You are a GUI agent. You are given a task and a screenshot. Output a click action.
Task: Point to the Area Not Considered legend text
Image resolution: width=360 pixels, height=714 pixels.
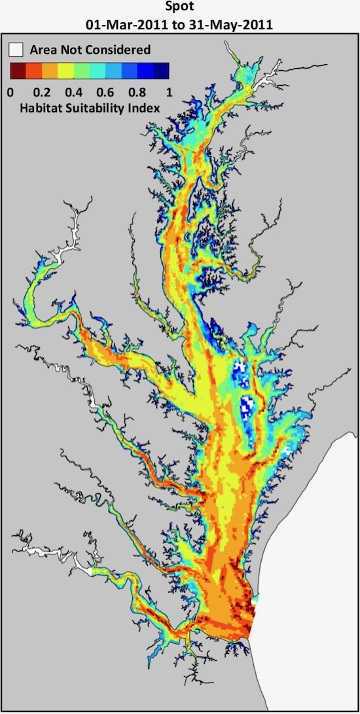click(90, 50)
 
